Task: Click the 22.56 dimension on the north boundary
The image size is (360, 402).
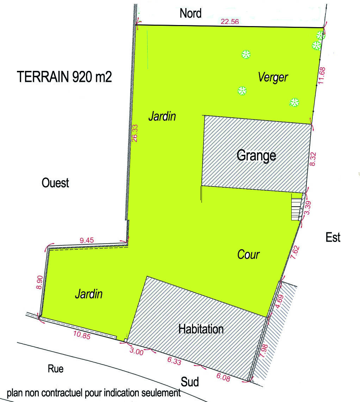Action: [230, 21]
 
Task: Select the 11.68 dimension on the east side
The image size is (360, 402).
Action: [321, 75]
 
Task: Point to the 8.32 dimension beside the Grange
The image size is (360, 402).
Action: [312, 160]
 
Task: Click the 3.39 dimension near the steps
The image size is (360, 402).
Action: [307, 208]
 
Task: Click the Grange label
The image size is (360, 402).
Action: [256, 155]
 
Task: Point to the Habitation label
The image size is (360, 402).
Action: [201, 329]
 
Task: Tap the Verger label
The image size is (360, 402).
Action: [273, 77]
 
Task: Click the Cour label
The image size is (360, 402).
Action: [248, 254]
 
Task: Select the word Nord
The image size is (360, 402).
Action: [191, 13]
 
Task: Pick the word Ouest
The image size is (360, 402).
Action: [55, 183]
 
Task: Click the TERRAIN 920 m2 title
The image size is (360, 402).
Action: [64, 77]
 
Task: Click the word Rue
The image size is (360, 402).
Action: [56, 369]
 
